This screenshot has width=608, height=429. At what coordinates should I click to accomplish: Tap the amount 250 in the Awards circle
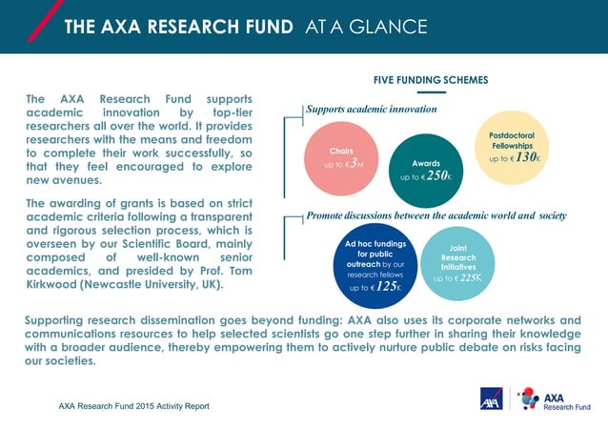437,176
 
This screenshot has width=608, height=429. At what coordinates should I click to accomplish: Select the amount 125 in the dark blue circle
386,286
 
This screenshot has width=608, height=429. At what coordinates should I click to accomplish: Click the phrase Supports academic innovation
371,110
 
